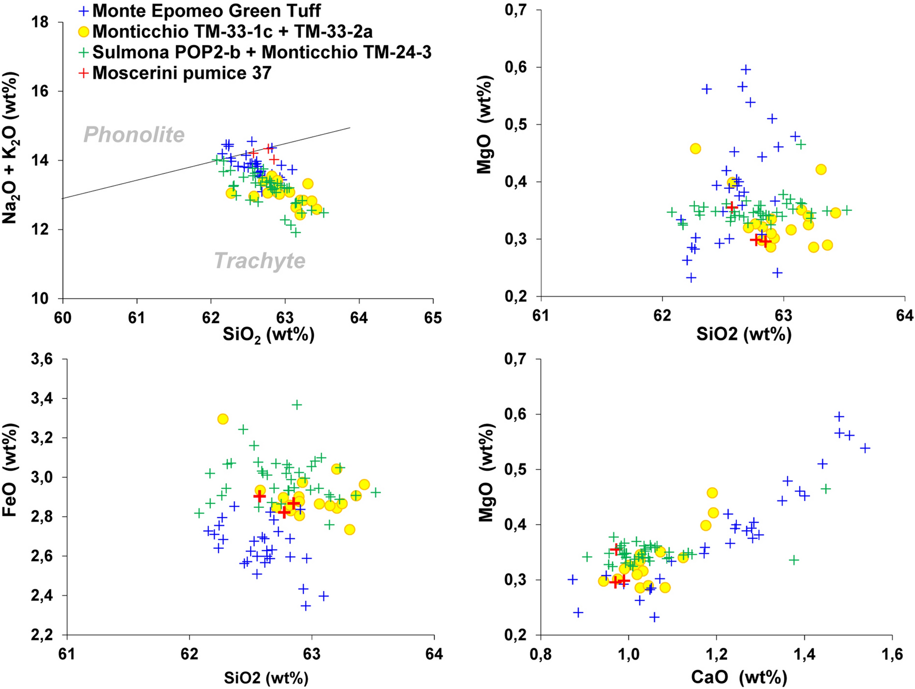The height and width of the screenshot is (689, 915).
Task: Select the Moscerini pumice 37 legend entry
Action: point(182,73)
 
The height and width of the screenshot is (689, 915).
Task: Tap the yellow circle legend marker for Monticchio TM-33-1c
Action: point(83,32)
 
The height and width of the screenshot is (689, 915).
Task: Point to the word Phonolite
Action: point(134,135)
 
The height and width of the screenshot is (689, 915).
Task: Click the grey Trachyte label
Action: point(259,261)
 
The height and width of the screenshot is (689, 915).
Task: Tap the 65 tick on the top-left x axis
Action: point(432,317)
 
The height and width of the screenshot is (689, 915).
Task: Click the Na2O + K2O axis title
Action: point(10,149)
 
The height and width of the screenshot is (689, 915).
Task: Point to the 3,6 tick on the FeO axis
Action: point(42,359)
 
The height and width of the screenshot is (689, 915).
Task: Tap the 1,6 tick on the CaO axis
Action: point(892,655)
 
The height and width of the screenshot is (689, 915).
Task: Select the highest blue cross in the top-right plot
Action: point(746,70)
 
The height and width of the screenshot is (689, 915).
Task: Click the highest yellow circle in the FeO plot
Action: point(223,419)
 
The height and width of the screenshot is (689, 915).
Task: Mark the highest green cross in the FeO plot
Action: point(297,405)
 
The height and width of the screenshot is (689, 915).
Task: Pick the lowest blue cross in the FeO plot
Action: point(305,606)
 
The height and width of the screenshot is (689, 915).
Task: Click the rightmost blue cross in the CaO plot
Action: point(865,448)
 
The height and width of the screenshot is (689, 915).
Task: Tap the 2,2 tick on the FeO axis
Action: point(42,635)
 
